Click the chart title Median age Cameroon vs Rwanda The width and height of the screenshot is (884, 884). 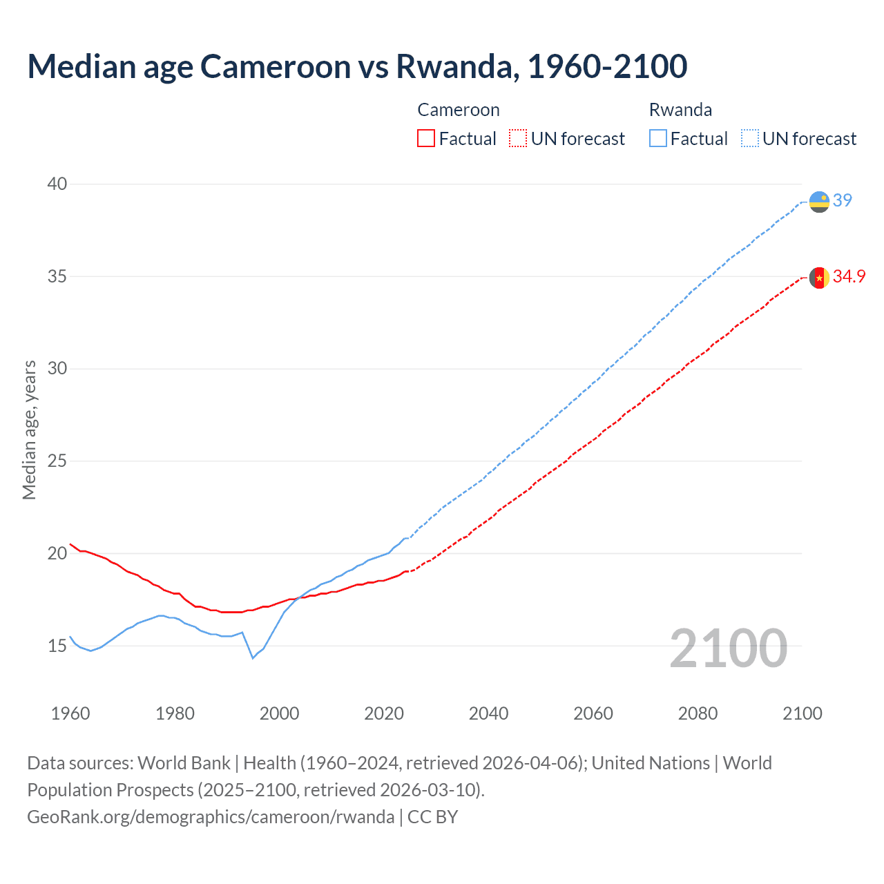tap(357, 66)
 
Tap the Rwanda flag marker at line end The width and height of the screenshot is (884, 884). tap(819, 202)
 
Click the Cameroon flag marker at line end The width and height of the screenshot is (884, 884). tap(819, 278)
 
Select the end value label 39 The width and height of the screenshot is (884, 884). tap(843, 200)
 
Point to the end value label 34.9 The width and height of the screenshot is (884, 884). tap(849, 276)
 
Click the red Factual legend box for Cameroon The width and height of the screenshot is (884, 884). tap(426, 139)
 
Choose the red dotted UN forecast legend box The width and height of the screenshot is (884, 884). tap(518, 139)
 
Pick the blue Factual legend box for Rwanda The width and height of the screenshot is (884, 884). tap(658, 139)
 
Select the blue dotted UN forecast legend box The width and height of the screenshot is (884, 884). tap(750, 139)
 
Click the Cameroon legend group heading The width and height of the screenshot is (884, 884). tap(459, 110)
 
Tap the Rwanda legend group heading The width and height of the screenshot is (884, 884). tap(680, 110)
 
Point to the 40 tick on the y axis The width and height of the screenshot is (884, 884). tap(57, 184)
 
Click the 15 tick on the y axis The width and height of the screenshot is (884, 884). tap(57, 646)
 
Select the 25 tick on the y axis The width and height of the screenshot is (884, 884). tap(57, 461)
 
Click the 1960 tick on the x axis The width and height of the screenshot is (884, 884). tap(70, 713)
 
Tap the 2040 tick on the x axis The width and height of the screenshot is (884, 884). tap(488, 713)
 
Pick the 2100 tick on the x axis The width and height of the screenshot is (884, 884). tap(802, 713)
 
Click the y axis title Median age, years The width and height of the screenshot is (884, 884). tap(29, 430)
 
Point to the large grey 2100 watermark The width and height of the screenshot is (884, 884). tap(729, 648)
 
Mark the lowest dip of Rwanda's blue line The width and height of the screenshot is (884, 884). tap(253, 658)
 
